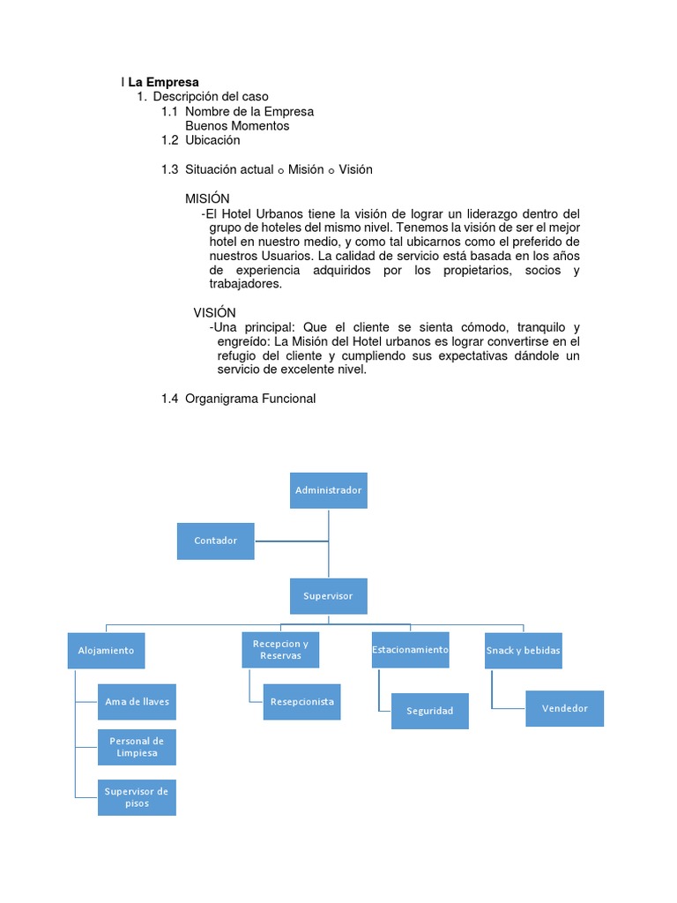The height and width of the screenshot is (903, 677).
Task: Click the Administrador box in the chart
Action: (329, 490)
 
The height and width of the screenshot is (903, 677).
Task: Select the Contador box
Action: (215, 541)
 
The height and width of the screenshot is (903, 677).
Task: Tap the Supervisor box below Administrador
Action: (328, 596)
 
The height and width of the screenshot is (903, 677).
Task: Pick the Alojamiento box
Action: (106, 650)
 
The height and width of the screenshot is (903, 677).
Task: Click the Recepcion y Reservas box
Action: (280, 650)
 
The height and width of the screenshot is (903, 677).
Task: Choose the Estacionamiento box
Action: (410, 650)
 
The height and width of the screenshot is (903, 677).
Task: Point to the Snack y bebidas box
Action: (523, 651)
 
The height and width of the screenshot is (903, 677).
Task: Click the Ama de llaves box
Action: (137, 702)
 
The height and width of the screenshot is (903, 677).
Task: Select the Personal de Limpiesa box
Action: (137, 747)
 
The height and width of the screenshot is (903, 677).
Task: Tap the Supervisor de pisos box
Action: (137, 797)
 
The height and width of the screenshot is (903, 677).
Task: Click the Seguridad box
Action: (429, 711)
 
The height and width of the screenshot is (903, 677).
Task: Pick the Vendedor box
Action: (564, 708)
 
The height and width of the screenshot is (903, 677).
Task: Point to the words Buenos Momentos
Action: (237, 125)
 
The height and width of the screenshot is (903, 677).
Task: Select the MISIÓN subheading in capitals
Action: (207, 198)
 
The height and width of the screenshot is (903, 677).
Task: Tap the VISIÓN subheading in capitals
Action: (215, 312)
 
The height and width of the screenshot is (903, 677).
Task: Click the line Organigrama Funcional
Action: (249, 399)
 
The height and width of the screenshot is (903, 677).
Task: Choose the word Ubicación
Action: (212, 139)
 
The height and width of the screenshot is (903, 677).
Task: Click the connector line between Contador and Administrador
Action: (291, 541)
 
